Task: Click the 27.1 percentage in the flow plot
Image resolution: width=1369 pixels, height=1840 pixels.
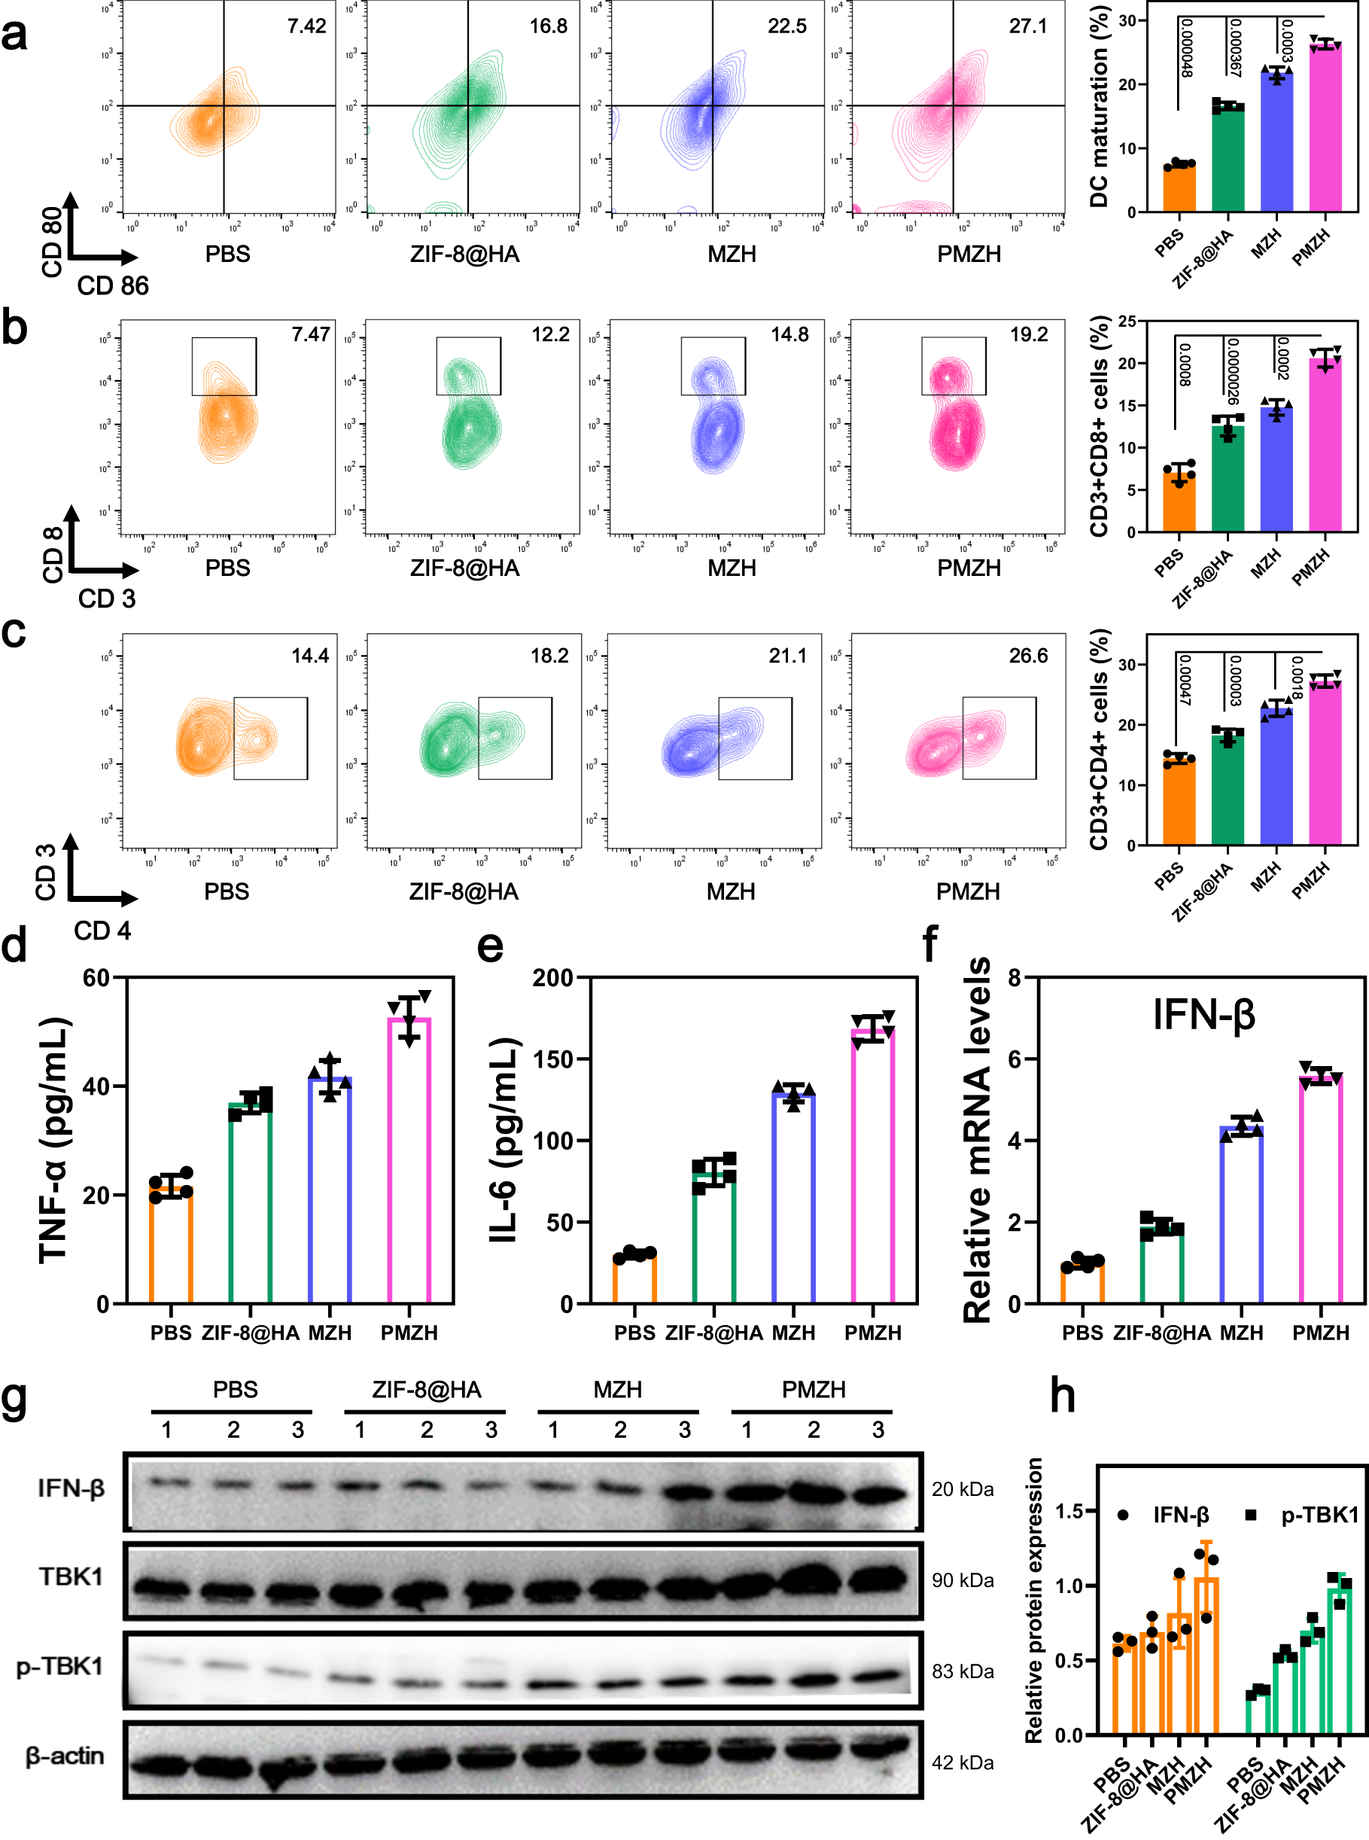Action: (1027, 26)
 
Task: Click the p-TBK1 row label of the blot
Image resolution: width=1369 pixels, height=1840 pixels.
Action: (59, 1666)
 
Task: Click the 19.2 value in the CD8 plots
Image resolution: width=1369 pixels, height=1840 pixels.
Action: (1028, 335)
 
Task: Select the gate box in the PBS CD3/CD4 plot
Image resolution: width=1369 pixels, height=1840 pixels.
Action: (270, 738)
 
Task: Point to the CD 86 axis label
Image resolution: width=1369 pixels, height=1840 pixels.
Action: (113, 286)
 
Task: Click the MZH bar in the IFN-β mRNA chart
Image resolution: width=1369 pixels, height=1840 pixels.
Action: (1241, 1215)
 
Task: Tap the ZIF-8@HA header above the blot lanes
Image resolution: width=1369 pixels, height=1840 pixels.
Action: (426, 1389)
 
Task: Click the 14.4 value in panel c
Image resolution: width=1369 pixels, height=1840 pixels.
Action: (310, 656)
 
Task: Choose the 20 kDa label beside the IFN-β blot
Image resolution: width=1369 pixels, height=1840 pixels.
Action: (962, 1488)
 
